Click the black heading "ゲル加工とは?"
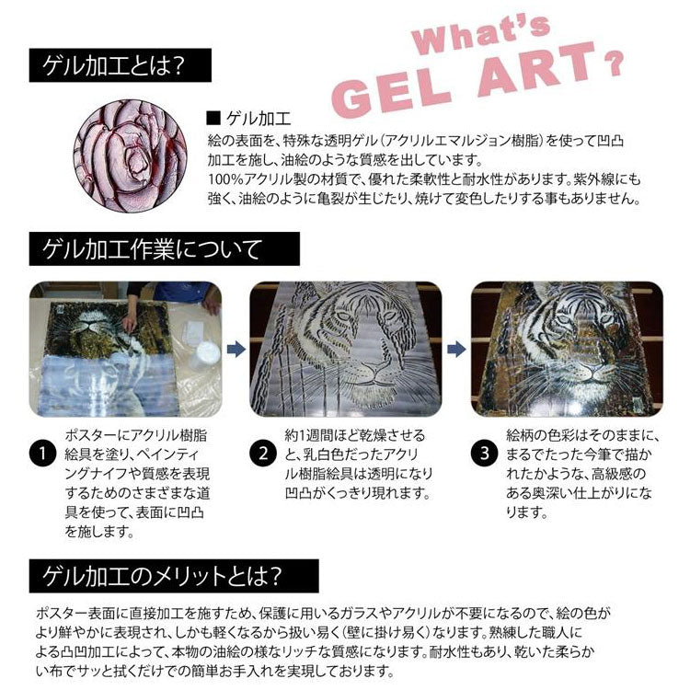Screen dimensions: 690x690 (x=121, y=67)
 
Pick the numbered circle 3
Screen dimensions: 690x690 (x=483, y=454)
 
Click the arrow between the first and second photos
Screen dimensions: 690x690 (x=234, y=350)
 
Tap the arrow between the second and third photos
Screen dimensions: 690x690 (x=455, y=350)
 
